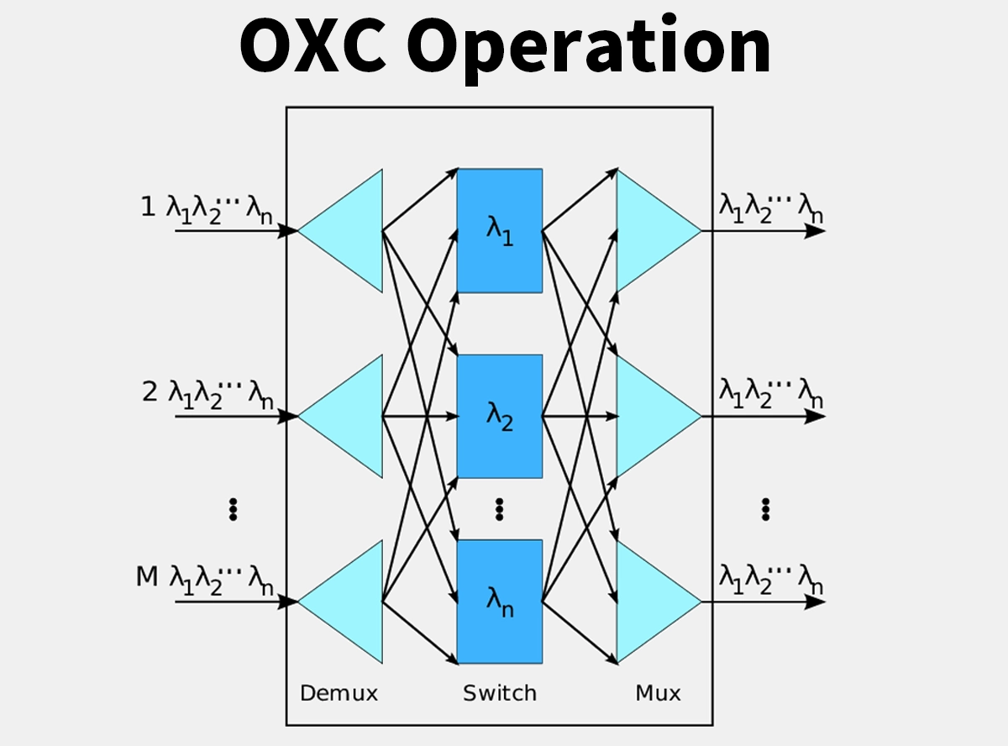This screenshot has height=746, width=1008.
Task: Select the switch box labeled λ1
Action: [x=499, y=230]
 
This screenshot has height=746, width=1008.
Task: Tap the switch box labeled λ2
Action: [x=499, y=416]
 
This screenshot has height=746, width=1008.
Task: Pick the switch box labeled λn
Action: [x=499, y=601]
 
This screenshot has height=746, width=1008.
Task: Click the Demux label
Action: [x=339, y=693]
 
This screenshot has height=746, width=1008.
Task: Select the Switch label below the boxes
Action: [x=499, y=693]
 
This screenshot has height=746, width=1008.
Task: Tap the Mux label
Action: [x=658, y=693]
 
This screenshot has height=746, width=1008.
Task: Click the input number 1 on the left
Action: [x=148, y=207]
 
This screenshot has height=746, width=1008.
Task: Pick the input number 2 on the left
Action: [x=150, y=391]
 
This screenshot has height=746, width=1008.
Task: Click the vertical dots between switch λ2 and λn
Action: [x=499, y=508]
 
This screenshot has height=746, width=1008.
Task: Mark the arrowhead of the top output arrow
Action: [x=816, y=231]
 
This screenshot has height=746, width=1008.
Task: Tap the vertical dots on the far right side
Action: [x=765, y=508]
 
